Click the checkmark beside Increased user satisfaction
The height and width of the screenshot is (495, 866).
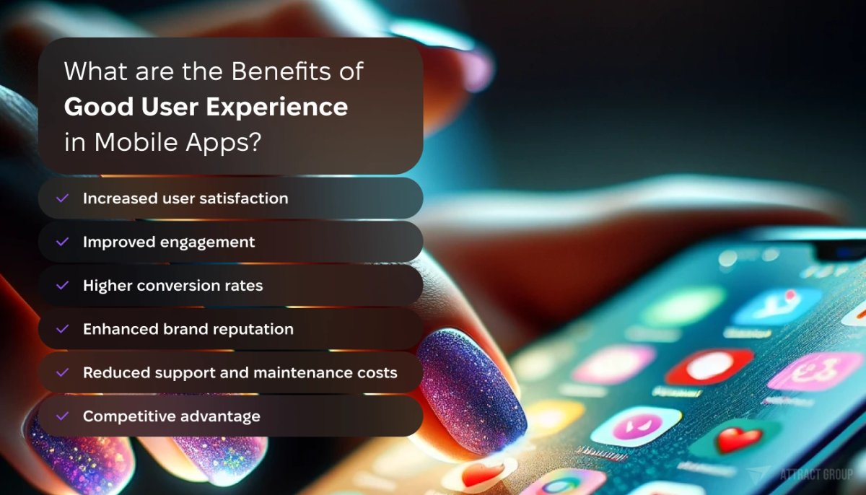63,198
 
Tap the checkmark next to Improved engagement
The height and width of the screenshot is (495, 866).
63,242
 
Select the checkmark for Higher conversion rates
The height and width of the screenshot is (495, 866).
63,285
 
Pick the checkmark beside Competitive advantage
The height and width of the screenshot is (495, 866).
63,416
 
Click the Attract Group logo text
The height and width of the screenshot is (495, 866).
815,474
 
